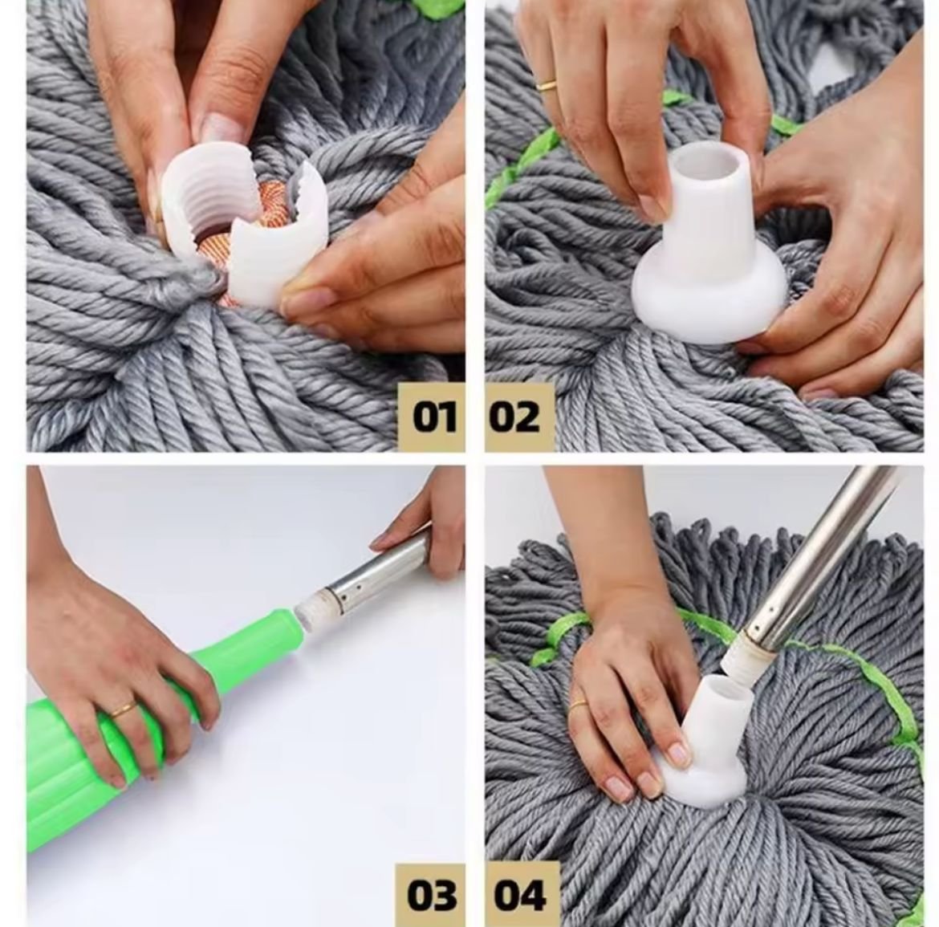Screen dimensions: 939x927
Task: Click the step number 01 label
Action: (x=433, y=417)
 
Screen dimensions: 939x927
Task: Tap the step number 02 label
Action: (x=514, y=417)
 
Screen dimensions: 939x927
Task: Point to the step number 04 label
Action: (x=520, y=895)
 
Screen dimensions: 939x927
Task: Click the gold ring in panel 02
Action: (x=547, y=85)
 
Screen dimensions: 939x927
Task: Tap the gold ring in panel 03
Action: (x=124, y=709)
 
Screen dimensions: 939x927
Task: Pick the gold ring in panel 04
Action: (x=579, y=705)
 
